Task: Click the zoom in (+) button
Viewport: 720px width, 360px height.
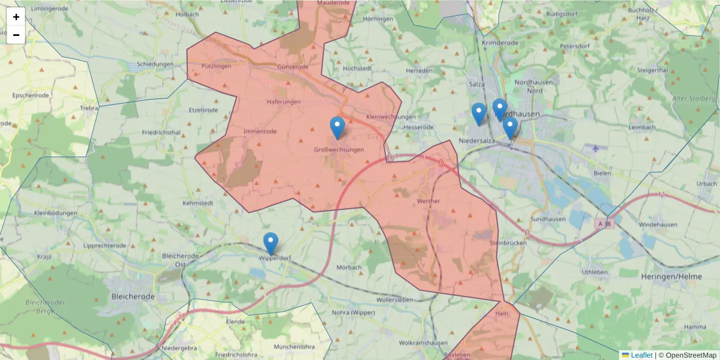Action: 16,17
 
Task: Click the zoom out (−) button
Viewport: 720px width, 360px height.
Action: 16,35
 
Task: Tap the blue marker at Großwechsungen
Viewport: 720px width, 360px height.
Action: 337,127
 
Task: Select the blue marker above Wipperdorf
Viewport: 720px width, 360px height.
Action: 271,243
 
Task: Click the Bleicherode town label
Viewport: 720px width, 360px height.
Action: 133,296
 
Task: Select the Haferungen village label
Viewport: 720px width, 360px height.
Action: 284,102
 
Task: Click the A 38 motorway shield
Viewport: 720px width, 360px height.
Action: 605,224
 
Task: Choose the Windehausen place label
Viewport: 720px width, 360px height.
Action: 658,224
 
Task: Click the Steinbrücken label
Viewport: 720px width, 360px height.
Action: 508,243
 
